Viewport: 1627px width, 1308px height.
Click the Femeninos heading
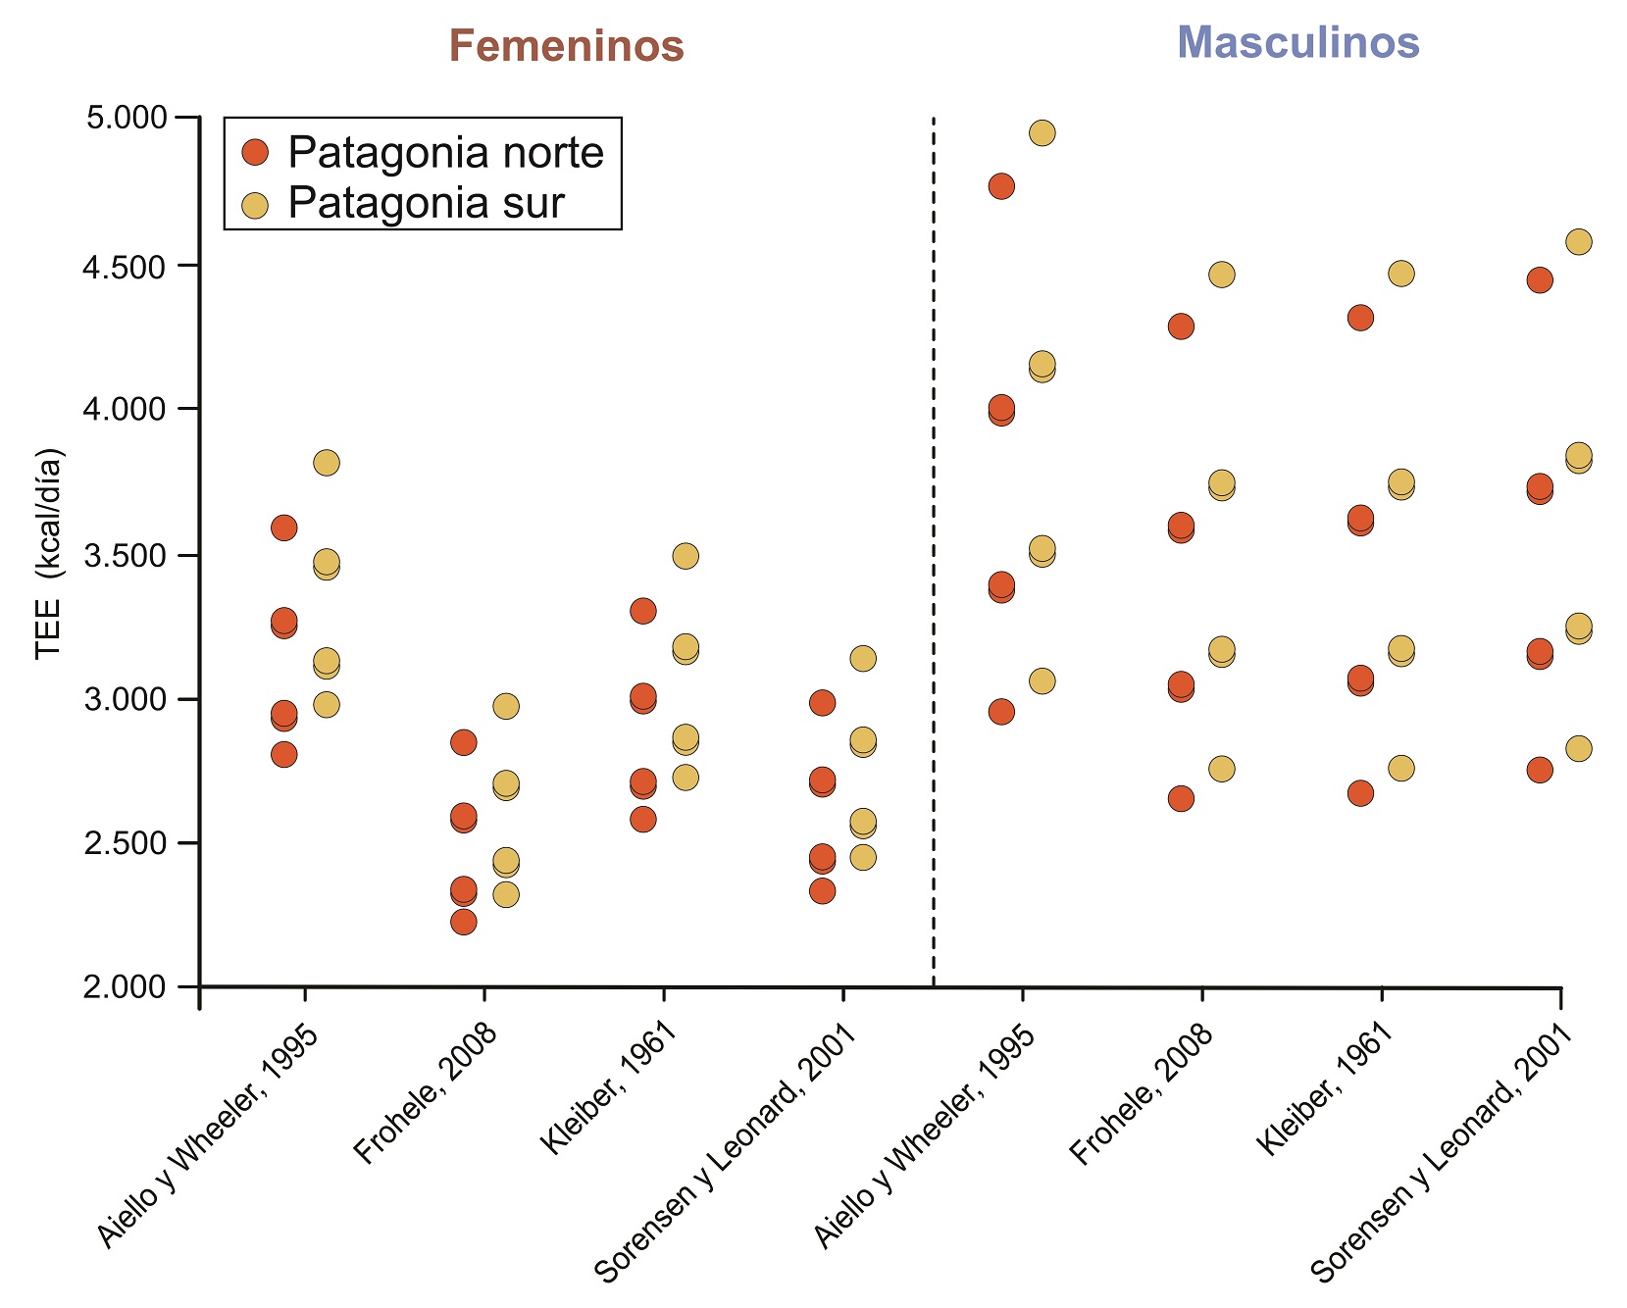(x=566, y=46)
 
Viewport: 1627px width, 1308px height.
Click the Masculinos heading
(x=1297, y=42)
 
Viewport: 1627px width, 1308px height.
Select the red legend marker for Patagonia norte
(x=255, y=153)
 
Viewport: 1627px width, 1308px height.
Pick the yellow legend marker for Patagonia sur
(x=255, y=205)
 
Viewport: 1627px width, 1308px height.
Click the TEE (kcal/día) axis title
(x=48, y=555)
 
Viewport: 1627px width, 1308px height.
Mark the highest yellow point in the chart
(x=1042, y=132)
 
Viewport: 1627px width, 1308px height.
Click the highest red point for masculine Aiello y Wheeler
(x=1001, y=186)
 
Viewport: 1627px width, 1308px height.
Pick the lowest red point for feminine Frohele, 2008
(x=464, y=922)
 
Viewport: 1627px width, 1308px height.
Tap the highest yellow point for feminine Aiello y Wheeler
(x=327, y=462)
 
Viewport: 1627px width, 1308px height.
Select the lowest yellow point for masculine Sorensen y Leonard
(x=1579, y=748)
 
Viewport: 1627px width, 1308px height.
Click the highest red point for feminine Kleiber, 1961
(x=643, y=611)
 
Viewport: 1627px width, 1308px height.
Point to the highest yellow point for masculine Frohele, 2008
(x=1222, y=274)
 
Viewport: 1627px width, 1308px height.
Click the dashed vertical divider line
(x=933, y=549)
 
